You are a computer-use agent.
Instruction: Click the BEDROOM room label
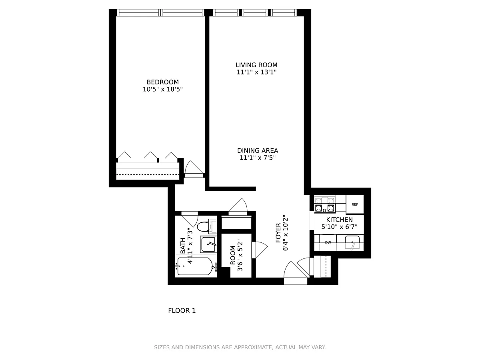[x=162, y=82]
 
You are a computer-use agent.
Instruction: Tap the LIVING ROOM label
[x=256, y=65]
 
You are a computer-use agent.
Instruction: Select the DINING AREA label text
[x=258, y=151]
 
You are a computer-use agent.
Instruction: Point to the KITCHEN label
[x=339, y=220]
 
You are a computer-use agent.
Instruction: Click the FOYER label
[x=278, y=233]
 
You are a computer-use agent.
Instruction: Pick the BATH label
[x=183, y=246]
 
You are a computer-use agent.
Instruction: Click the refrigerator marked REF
[x=355, y=204]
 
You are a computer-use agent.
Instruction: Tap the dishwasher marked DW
[x=328, y=242]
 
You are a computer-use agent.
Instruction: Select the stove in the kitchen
[x=324, y=205]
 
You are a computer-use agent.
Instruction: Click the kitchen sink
[x=352, y=242]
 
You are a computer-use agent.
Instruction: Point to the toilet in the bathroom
[x=207, y=226]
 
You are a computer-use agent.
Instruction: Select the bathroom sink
[x=208, y=244]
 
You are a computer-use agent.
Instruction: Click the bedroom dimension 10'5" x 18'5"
[x=162, y=89]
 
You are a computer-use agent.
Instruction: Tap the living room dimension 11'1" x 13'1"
[x=256, y=72]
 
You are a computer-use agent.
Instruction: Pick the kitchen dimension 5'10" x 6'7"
[x=339, y=227]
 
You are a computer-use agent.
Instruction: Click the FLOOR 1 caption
[x=182, y=311]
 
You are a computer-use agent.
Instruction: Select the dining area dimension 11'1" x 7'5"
[x=258, y=158]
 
